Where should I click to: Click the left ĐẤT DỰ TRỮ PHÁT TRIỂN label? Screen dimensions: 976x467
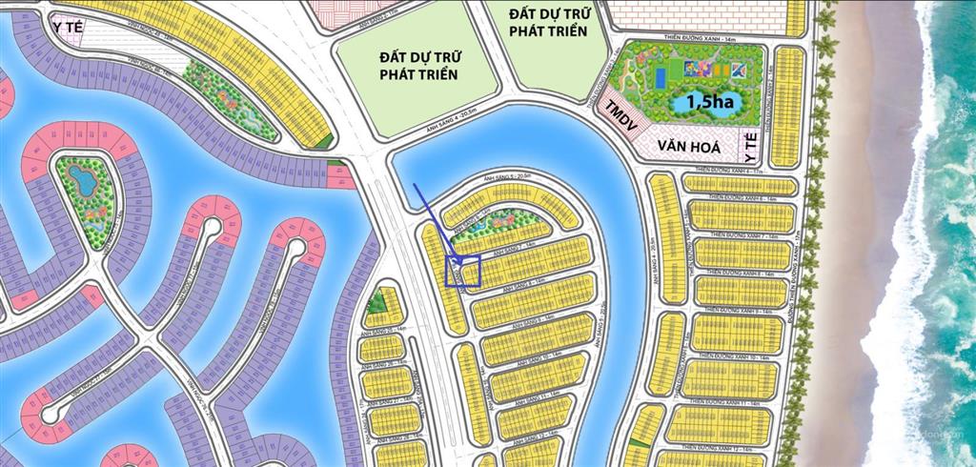(418, 66)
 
